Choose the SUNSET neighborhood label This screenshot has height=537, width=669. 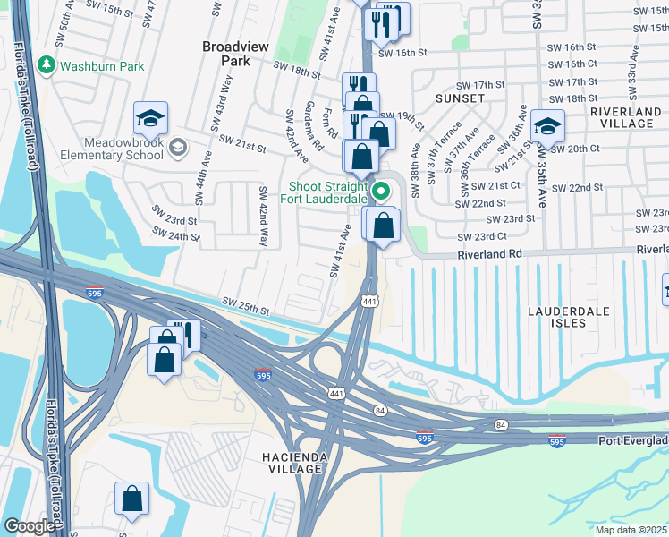point(460,98)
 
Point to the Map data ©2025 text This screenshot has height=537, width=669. point(631,530)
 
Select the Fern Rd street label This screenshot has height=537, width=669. point(333,124)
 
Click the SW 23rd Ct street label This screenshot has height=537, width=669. point(482,237)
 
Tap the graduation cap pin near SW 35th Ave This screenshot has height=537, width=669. point(546,125)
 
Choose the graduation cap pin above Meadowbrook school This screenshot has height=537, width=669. point(150,118)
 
